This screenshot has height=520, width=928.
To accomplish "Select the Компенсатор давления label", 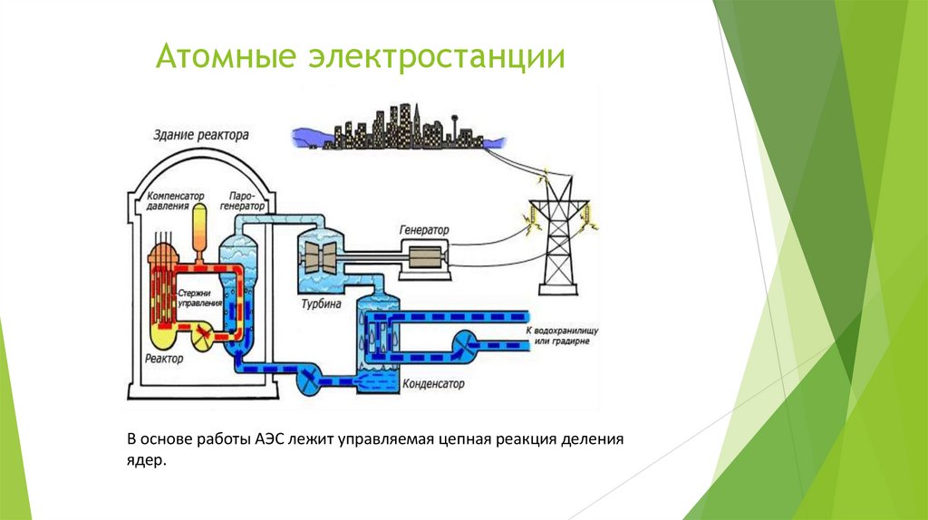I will (x=176, y=200).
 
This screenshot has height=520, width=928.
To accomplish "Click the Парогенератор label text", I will (x=246, y=200).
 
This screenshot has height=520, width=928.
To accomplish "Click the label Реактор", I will (x=163, y=359).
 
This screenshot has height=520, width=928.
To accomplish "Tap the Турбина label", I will (x=321, y=304).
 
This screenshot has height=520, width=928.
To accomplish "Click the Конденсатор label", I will (x=435, y=384).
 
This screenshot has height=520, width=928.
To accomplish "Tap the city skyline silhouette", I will (x=396, y=127).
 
